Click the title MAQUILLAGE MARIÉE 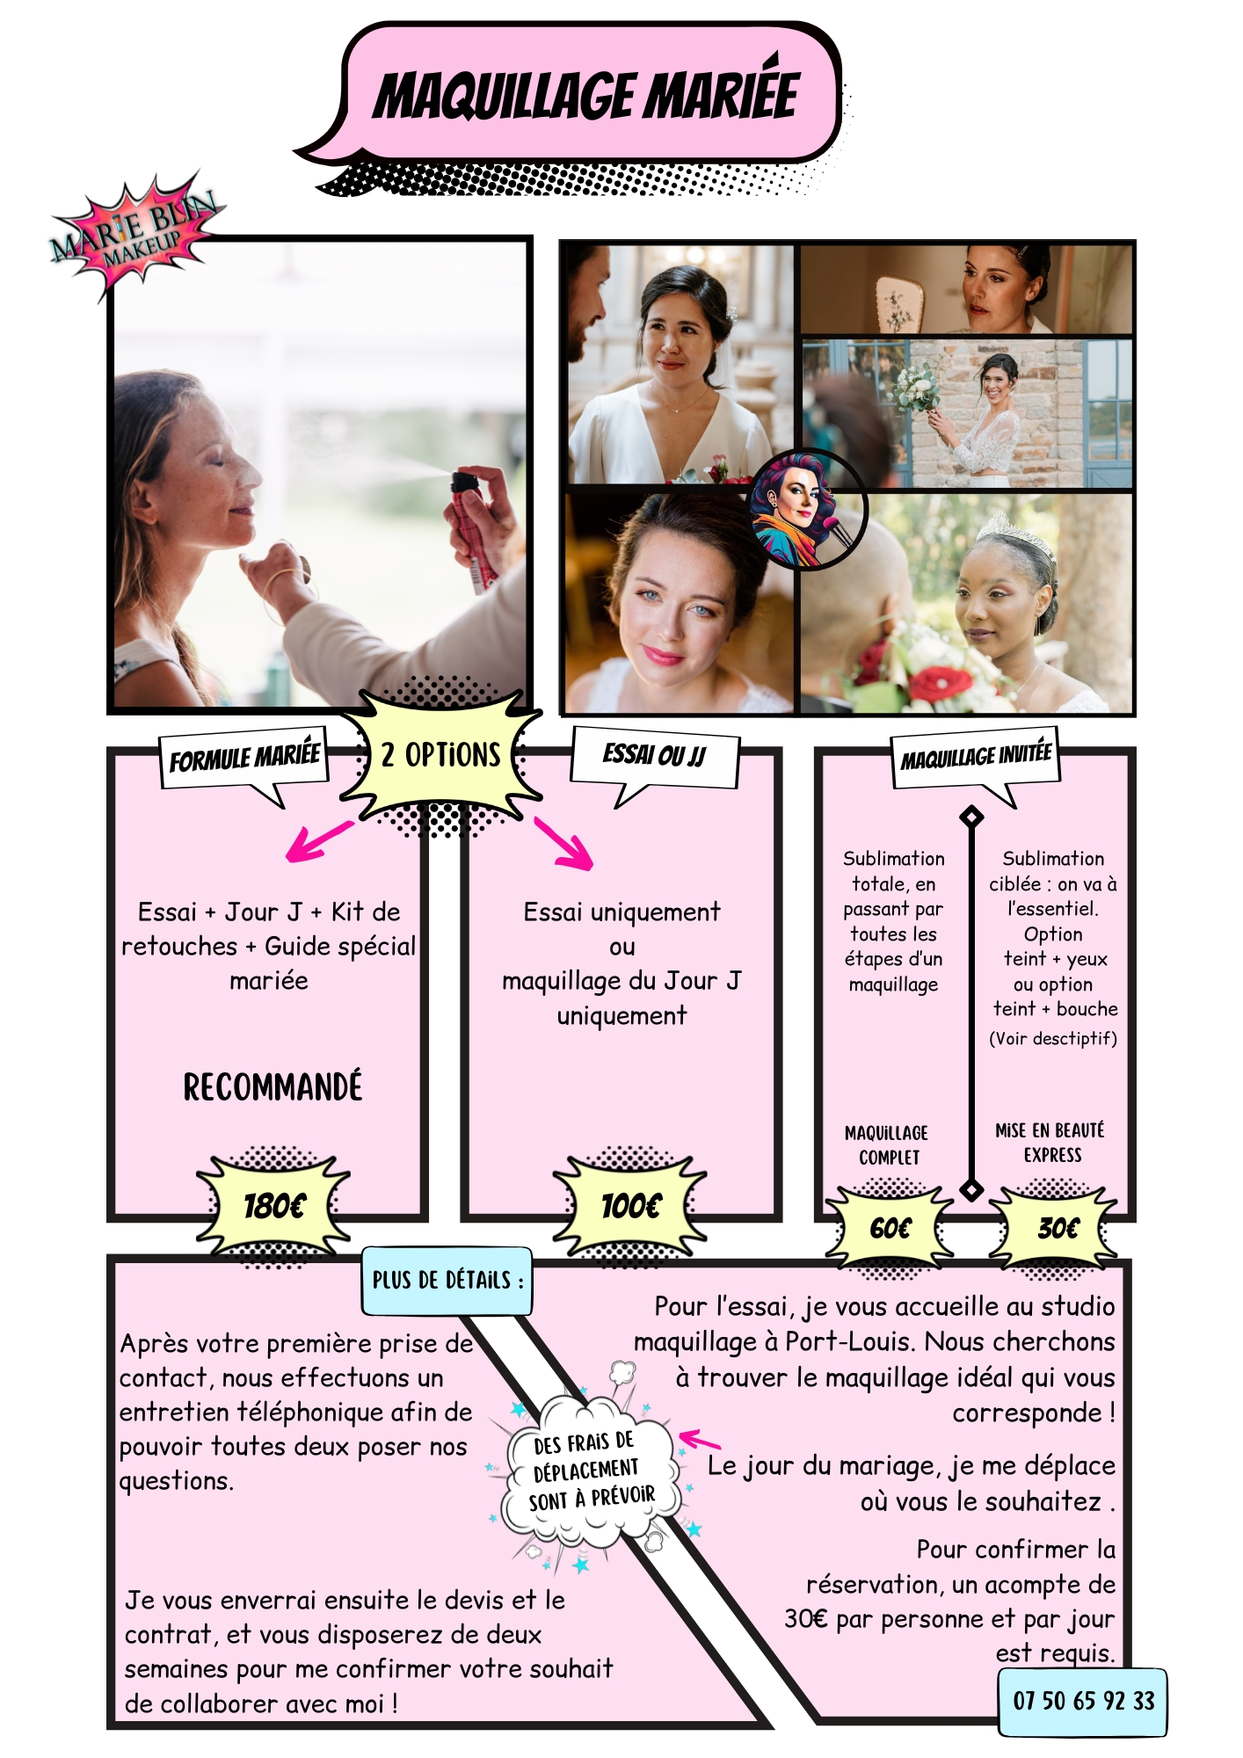tap(585, 96)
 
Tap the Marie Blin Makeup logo tap(134, 236)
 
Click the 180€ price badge tap(273, 1205)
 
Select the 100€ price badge tap(630, 1205)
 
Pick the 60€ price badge tap(890, 1228)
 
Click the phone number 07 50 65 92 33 tap(1083, 1701)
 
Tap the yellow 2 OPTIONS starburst tap(441, 755)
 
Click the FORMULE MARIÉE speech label tap(244, 758)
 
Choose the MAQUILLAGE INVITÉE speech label tap(976, 756)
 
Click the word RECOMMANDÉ tap(273, 1087)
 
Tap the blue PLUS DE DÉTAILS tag tap(447, 1280)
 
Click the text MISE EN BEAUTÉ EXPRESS tap(1050, 1142)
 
